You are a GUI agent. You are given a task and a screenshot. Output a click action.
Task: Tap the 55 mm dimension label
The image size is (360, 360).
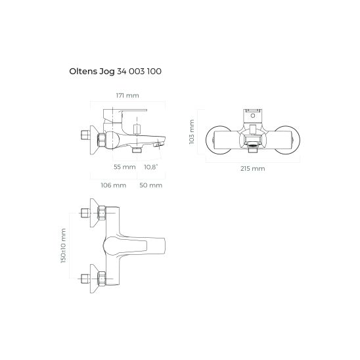click(x=124, y=167)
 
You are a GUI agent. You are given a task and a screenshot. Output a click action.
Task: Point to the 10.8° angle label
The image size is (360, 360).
click(x=150, y=167)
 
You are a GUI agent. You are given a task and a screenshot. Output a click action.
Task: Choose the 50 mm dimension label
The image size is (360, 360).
click(x=151, y=185)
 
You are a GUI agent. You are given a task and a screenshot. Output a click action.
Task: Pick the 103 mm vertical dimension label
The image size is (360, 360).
click(x=192, y=132)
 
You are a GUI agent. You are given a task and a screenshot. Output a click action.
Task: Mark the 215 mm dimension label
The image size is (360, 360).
click(x=253, y=169)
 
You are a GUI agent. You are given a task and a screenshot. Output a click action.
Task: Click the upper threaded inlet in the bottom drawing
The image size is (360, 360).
click(x=85, y=214)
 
